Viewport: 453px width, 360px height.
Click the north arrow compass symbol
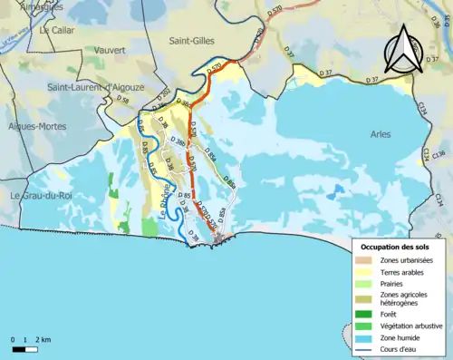[405, 51]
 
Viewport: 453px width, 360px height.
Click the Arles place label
[382, 134]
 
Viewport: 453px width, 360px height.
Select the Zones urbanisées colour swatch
[365, 260]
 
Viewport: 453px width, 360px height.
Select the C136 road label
[439, 153]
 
